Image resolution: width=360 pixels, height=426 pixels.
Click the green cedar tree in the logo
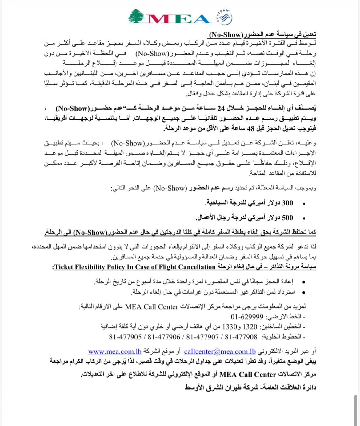click(137, 16)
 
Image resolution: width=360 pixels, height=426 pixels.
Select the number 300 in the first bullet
click(287, 203)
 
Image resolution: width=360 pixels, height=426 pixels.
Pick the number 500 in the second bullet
click(287, 218)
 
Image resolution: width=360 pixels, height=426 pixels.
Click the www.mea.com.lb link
click(115, 351)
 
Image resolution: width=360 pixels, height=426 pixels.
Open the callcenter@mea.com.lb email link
click(220, 351)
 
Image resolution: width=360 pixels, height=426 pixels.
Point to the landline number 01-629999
click(247, 317)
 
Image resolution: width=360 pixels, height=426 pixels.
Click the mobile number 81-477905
click(125, 337)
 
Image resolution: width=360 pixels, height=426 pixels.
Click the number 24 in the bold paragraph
click(221, 108)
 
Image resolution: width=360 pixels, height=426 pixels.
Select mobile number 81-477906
click(164, 337)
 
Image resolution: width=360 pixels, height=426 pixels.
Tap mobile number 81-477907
click(202, 337)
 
